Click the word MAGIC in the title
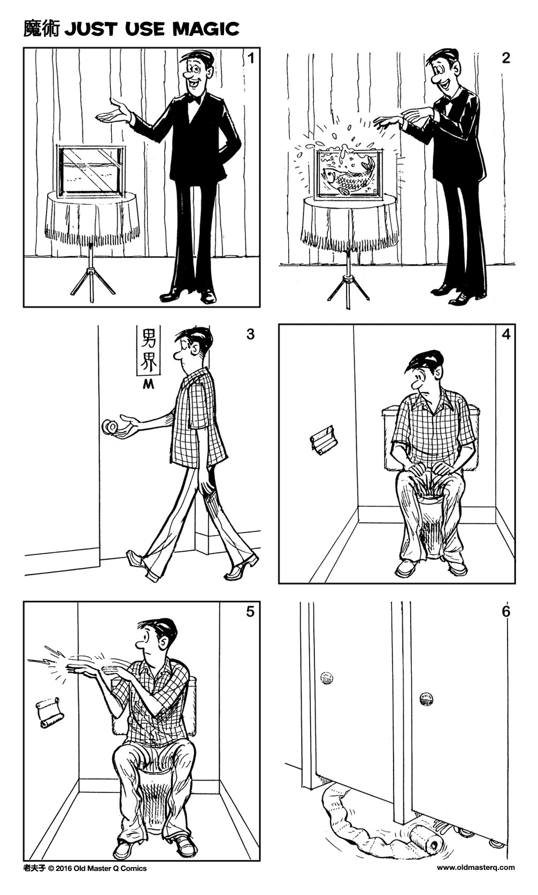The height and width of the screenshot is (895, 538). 205,29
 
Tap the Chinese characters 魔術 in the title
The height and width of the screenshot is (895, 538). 43,29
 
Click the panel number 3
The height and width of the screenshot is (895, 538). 250,335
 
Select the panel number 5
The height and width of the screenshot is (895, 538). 250,612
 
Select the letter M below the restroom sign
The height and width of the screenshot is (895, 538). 149,384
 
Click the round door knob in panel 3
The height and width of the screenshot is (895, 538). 111,427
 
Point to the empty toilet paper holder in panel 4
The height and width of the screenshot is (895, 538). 324,442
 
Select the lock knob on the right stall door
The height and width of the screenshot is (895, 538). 426,698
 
